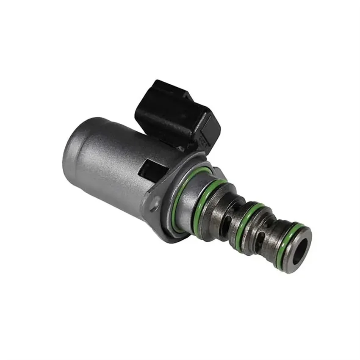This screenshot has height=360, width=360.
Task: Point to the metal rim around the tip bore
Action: [307, 241]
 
